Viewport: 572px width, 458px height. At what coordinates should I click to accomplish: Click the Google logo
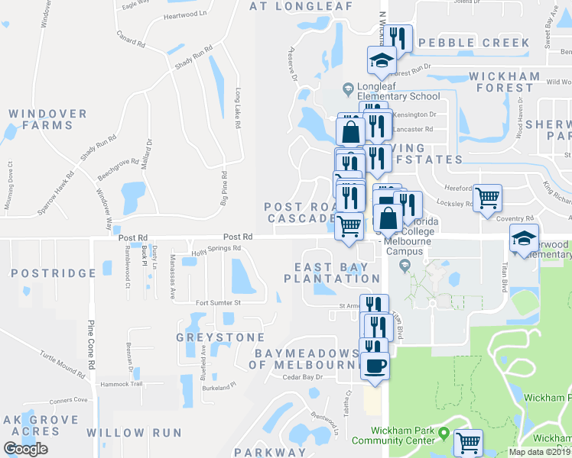25,449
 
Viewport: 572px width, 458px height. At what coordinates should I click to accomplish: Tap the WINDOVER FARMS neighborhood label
47,120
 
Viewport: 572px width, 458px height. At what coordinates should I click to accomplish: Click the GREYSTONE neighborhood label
220,337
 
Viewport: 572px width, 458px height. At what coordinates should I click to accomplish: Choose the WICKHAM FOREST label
500,82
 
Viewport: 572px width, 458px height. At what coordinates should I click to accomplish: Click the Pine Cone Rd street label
91,343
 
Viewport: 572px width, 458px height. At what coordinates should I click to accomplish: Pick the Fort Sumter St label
218,303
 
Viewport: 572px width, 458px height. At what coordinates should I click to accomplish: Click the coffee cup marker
374,366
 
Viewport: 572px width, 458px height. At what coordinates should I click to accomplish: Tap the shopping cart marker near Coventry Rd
487,199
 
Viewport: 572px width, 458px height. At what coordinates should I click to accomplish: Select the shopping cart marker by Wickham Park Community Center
467,443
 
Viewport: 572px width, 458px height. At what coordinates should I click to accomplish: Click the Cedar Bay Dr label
302,377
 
